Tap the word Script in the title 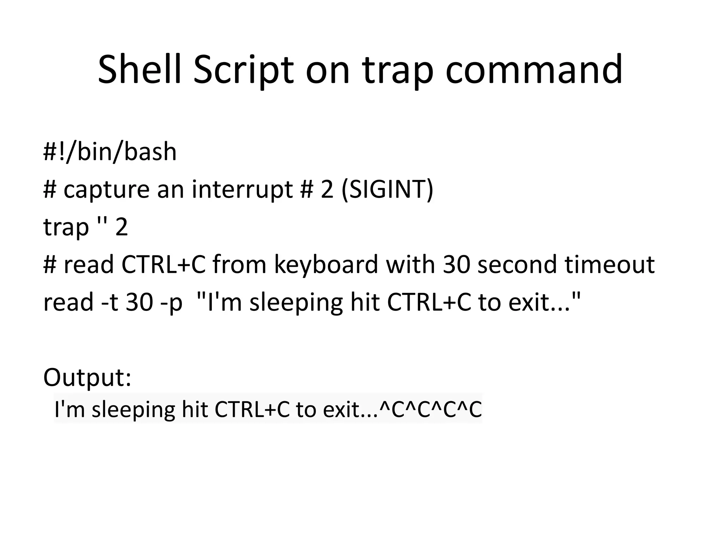click(243, 70)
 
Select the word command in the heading click(534, 70)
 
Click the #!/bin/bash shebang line click(110, 152)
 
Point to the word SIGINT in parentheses click(387, 189)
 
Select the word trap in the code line click(66, 228)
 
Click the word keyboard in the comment click(326, 265)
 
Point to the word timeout click(610, 265)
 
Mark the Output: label click(87, 377)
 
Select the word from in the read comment click(239, 265)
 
